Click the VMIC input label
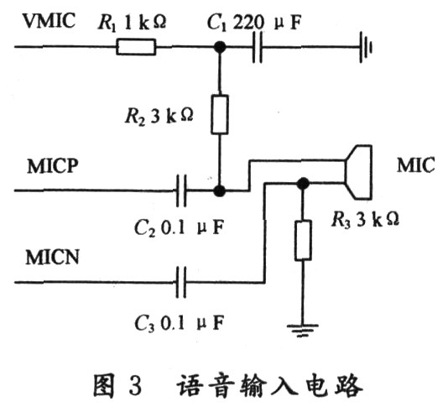pyautogui.click(x=50, y=20)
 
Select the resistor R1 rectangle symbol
pyautogui.click(x=136, y=47)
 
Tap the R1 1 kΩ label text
pyautogui.click(x=132, y=23)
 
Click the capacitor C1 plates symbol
pyautogui.click(x=257, y=47)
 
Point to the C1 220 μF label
pyautogui.click(x=254, y=23)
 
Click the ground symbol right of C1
pyautogui.click(x=366, y=47)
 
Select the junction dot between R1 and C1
pyautogui.click(x=220, y=47)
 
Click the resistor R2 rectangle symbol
pyautogui.click(x=220, y=114)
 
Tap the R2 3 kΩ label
pyautogui.click(x=159, y=116)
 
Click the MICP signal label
pyautogui.click(x=53, y=166)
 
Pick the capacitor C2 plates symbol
pyautogui.click(x=181, y=190)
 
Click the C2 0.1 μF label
pyautogui.click(x=179, y=227)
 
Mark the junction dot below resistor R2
pyautogui.click(x=220, y=190)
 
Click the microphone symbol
pyautogui.click(x=358, y=172)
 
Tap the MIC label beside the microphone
pyautogui.click(x=415, y=165)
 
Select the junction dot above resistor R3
pyautogui.click(x=303, y=184)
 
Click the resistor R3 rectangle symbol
pyautogui.click(x=303, y=240)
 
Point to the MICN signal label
pyautogui.click(x=52, y=257)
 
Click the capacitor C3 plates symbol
pyautogui.click(x=181, y=282)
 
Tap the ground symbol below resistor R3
pyautogui.click(x=303, y=330)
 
